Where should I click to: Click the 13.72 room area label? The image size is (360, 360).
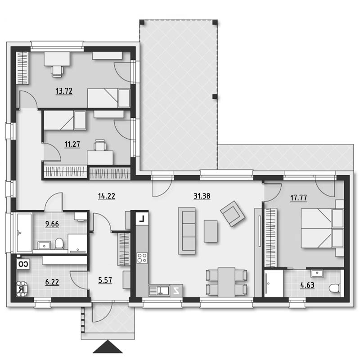point(64,91)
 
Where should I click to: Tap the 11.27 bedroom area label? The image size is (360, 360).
point(72,144)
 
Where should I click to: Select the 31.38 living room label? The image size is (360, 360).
point(202,196)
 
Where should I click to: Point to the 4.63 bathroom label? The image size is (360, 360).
point(307,285)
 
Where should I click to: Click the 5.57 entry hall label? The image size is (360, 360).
point(105,280)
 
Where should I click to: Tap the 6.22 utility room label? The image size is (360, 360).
point(52,282)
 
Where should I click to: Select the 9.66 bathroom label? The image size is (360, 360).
point(52,224)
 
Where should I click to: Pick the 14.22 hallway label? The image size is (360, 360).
point(107,196)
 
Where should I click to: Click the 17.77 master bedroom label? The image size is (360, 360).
point(299,198)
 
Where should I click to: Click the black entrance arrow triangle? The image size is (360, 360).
point(108,347)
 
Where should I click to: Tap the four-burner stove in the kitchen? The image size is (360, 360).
point(142,257)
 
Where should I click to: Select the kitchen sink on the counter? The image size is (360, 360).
point(159,290)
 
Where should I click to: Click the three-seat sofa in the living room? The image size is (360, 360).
point(187,230)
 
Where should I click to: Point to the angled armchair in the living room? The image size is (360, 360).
point(233,214)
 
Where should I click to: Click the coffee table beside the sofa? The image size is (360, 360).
point(211,231)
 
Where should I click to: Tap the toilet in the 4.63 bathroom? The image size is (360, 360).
point(334,288)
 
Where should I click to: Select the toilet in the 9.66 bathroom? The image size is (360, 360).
point(59,243)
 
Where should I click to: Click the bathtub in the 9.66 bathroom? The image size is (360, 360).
point(24,232)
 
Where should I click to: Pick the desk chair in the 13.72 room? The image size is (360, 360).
point(57,71)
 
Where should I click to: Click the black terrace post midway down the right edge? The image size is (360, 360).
point(215,96)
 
